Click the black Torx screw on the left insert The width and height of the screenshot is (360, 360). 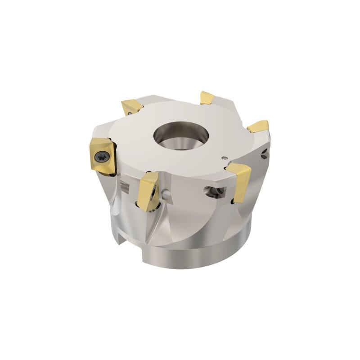click(x=100, y=156)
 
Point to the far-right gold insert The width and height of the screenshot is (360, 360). click(x=259, y=126)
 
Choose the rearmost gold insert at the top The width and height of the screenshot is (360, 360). click(x=207, y=98)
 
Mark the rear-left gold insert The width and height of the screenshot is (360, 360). click(x=132, y=108)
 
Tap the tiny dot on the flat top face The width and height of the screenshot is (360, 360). click(x=224, y=157)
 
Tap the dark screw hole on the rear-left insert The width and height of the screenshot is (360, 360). click(x=129, y=113)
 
